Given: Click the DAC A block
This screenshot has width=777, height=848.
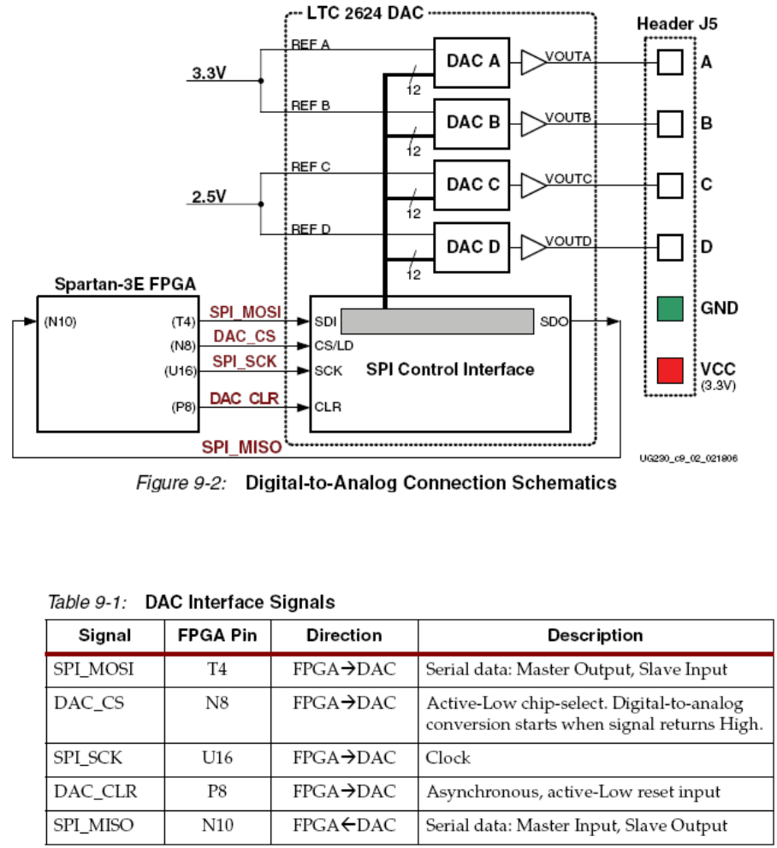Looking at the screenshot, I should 472,62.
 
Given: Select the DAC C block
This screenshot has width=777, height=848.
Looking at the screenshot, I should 472,185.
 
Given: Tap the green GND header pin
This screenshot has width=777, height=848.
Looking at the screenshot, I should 670,309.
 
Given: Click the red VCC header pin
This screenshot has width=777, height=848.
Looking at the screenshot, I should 670,370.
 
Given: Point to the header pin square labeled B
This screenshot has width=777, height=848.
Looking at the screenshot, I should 670,123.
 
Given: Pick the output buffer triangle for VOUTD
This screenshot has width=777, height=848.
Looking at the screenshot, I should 532,247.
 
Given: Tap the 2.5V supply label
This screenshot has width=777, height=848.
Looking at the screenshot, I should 208,197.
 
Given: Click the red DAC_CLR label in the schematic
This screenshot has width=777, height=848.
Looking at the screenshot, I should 245,398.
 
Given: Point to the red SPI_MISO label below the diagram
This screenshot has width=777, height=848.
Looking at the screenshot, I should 241,446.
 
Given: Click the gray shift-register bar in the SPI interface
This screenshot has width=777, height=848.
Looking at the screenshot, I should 436,321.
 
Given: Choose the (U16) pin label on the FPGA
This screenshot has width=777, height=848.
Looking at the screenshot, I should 180,371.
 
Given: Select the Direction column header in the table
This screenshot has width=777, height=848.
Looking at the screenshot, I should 344,635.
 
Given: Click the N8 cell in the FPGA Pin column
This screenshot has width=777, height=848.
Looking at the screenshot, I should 216,703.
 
